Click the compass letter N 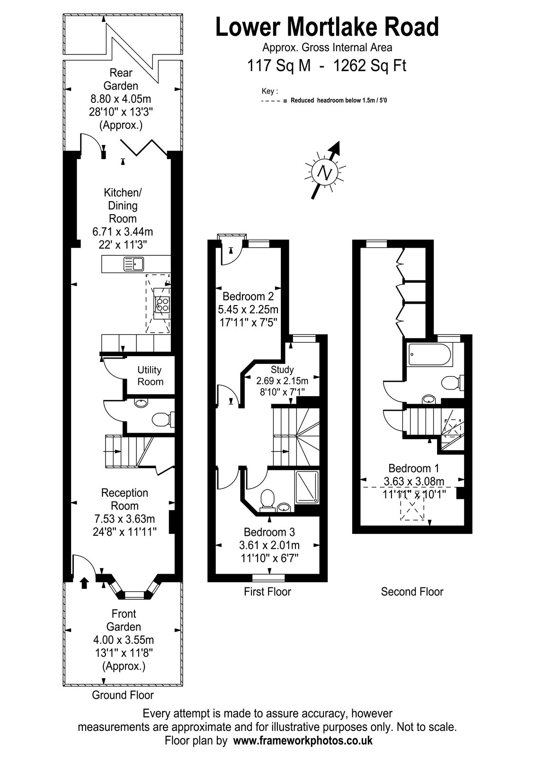point(325,172)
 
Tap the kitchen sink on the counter point(134,263)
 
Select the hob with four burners point(162,303)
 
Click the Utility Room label point(150,376)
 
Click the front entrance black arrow point(85,582)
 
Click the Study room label point(282,370)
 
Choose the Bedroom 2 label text point(248,297)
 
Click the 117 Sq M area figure point(279,65)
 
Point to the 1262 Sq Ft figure point(370,65)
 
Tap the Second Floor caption point(412,592)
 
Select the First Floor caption point(267,592)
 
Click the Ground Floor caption point(123,695)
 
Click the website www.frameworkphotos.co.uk point(303,740)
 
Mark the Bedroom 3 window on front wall point(268,578)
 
